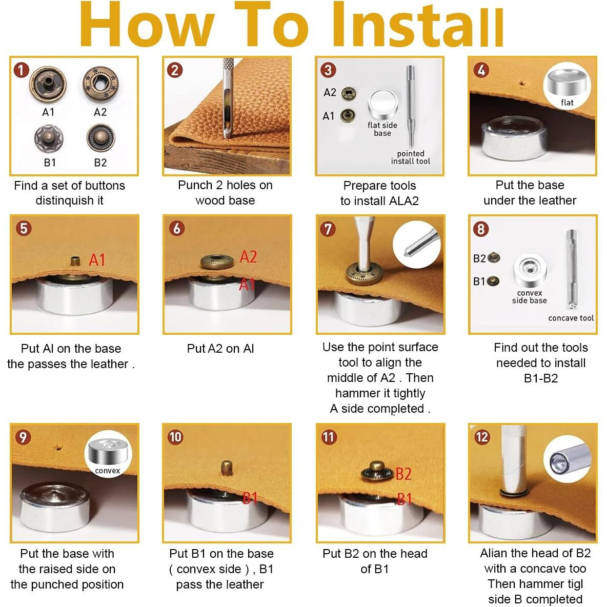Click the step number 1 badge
click(22, 70)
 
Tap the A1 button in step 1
click(48, 85)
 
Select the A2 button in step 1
click(100, 84)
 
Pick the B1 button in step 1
click(49, 138)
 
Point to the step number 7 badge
click(328, 229)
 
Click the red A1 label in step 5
click(97, 260)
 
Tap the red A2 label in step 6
click(248, 257)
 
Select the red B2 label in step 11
click(403, 474)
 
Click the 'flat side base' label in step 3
click(382, 129)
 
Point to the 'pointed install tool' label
click(410, 157)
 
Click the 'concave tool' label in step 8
click(571, 318)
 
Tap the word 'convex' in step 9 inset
click(107, 471)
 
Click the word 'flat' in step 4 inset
click(567, 102)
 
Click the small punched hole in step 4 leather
click(522, 83)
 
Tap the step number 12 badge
click(481, 437)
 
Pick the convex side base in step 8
click(530, 270)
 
